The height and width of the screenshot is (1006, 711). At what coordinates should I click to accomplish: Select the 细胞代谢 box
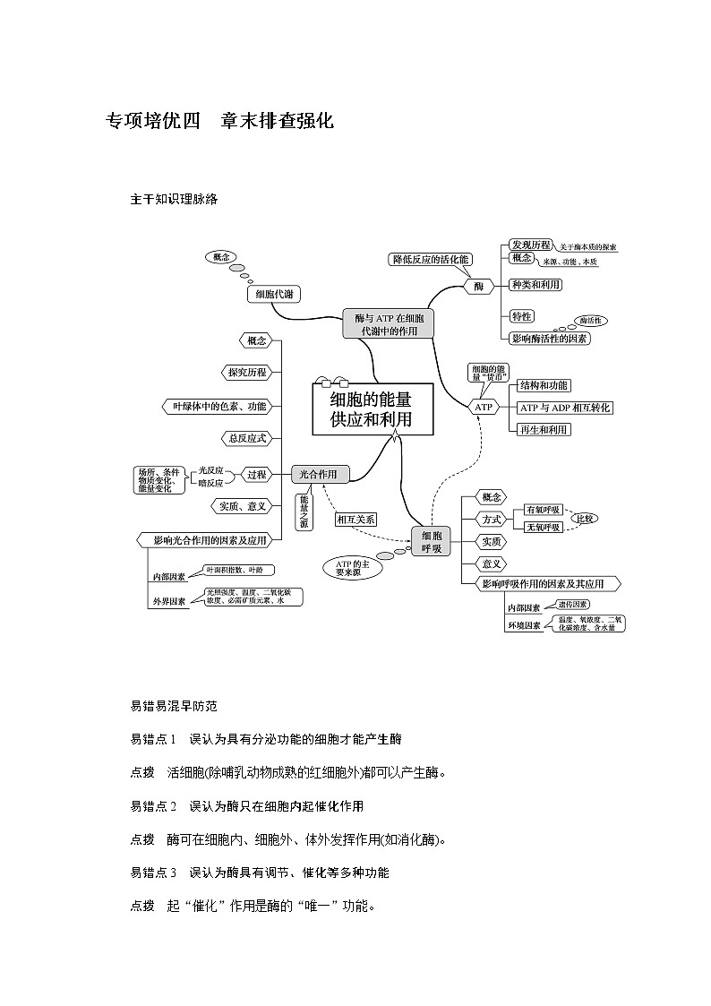(x=272, y=294)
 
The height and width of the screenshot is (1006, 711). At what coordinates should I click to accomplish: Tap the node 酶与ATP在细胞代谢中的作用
(x=389, y=323)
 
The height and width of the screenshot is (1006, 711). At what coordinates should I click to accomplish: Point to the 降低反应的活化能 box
(x=430, y=260)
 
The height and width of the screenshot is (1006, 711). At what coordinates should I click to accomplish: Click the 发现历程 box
(x=530, y=245)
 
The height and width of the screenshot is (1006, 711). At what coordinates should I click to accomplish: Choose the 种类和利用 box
(x=535, y=285)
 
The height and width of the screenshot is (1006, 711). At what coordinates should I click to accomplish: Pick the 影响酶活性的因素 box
(x=549, y=339)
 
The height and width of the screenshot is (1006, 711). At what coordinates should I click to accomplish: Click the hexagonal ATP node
(x=484, y=407)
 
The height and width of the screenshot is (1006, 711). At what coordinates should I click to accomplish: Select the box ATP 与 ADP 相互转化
(x=565, y=408)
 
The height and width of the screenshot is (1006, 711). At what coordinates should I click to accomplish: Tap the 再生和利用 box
(x=544, y=430)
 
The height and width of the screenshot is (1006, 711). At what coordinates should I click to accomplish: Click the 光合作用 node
(x=320, y=474)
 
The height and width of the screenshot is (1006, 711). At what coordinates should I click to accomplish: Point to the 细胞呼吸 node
(x=431, y=542)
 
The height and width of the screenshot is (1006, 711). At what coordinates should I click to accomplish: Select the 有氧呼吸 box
(x=544, y=510)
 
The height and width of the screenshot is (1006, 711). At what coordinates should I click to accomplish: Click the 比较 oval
(x=584, y=519)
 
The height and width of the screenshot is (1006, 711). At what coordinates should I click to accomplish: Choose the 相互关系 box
(x=356, y=519)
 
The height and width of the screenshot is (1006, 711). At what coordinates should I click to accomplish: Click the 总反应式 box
(x=244, y=439)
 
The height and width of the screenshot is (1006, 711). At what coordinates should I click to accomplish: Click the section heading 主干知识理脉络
(x=174, y=200)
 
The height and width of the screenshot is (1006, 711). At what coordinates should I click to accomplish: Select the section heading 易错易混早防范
(x=174, y=706)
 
